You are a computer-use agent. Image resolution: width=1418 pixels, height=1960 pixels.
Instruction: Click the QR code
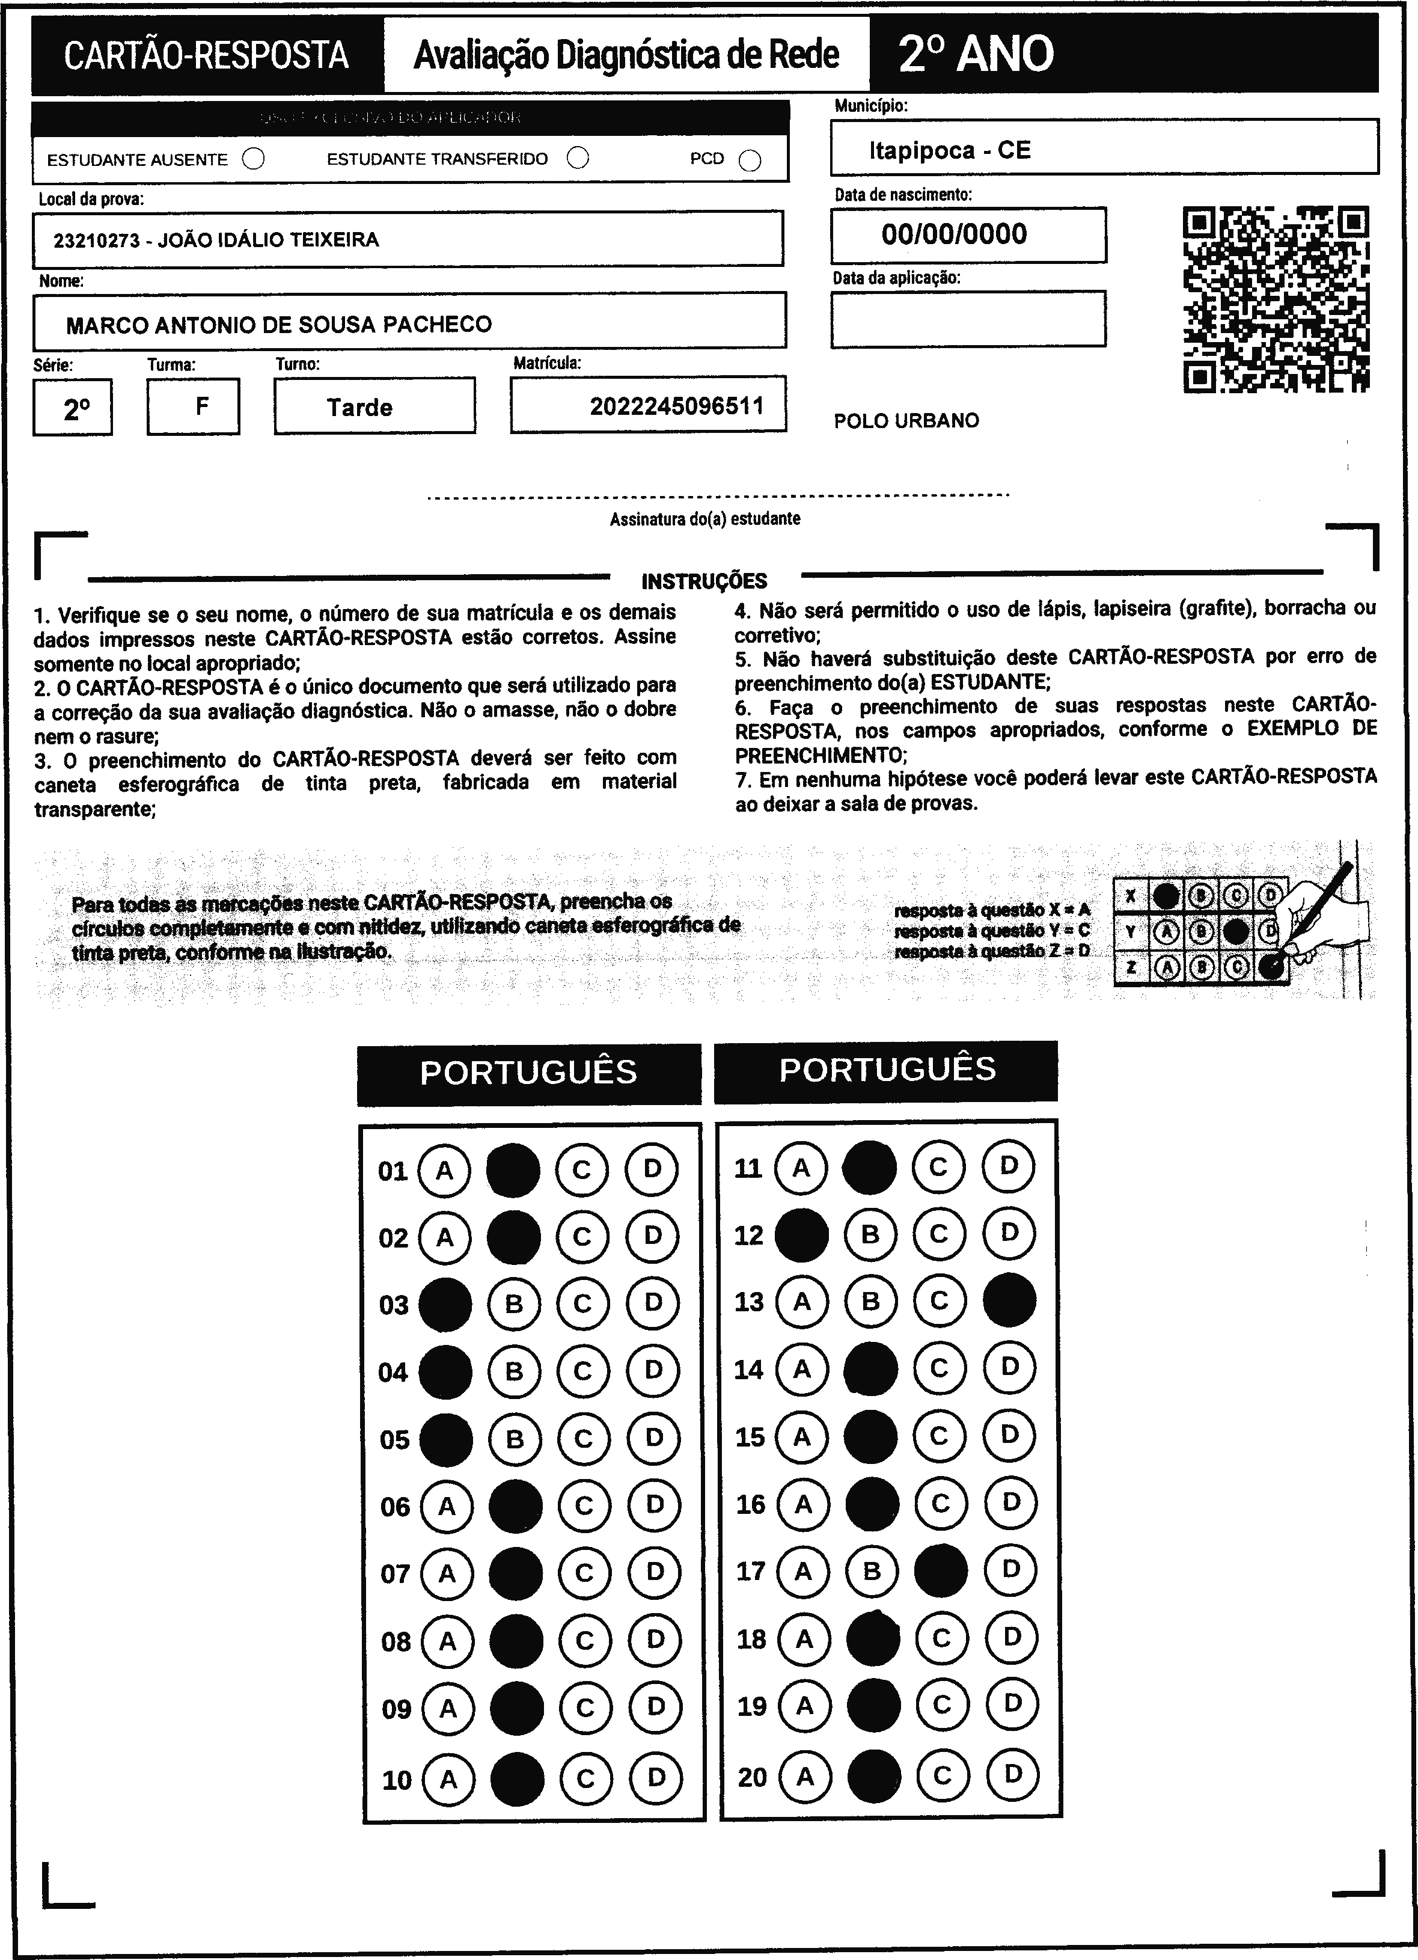(x=1276, y=299)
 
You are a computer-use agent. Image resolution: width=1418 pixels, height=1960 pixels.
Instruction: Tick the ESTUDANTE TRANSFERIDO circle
(x=578, y=158)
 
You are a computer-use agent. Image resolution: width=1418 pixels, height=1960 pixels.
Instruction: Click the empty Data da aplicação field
(x=968, y=319)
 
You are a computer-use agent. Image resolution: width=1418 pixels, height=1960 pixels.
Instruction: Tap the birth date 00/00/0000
(x=954, y=234)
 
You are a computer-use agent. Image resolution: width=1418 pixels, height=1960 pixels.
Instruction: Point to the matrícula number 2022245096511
(x=677, y=406)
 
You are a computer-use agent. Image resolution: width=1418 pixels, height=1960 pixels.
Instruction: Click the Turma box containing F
(x=194, y=406)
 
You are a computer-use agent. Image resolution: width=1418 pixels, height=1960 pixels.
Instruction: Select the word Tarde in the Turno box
(x=359, y=407)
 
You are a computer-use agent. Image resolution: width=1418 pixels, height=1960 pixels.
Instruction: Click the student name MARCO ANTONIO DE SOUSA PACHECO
(x=278, y=325)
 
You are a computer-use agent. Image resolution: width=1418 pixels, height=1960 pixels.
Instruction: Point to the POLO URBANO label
(x=906, y=421)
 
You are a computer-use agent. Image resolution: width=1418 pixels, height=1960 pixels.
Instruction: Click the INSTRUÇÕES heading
(x=704, y=581)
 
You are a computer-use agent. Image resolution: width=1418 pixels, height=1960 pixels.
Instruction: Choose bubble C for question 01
(x=581, y=1170)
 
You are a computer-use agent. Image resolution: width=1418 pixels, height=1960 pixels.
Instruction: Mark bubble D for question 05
(x=653, y=1438)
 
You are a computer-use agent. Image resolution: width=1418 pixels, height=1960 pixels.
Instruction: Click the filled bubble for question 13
(x=1009, y=1300)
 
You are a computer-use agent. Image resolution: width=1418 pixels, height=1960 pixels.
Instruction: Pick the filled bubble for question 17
(x=940, y=1570)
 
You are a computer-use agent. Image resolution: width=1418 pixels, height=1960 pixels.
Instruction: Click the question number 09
(x=397, y=1709)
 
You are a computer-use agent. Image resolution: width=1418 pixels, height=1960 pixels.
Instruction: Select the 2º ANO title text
(x=976, y=55)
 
